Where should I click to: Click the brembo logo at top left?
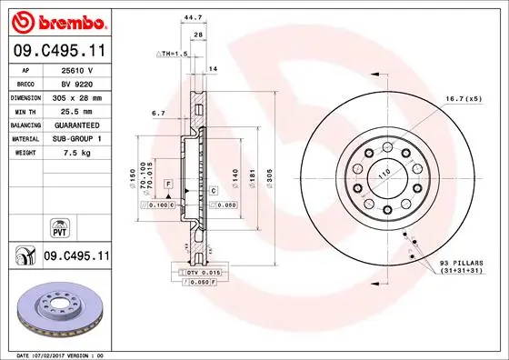58,19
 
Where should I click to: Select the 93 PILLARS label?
458,263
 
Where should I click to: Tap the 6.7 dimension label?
158,114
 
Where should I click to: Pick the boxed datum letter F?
168,185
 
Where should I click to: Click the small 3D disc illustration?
56,309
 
